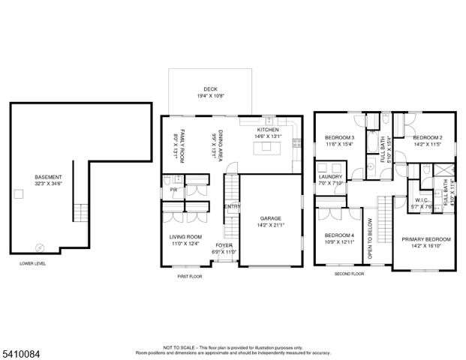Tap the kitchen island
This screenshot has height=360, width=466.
tap(269, 149)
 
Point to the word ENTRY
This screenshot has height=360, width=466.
tap(233, 207)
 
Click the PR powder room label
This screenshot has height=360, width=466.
tap(173, 190)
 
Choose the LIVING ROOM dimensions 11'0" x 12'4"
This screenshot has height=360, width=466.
tap(185, 242)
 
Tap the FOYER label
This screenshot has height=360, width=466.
tap(224, 245)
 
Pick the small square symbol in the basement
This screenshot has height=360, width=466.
tap(18, 193)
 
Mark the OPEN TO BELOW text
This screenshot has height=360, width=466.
tap(370, 239)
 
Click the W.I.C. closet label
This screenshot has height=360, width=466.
tap(421, 200)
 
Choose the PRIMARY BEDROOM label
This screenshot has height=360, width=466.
tap(426, 239)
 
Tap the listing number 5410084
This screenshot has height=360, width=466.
tap(20, 349)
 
